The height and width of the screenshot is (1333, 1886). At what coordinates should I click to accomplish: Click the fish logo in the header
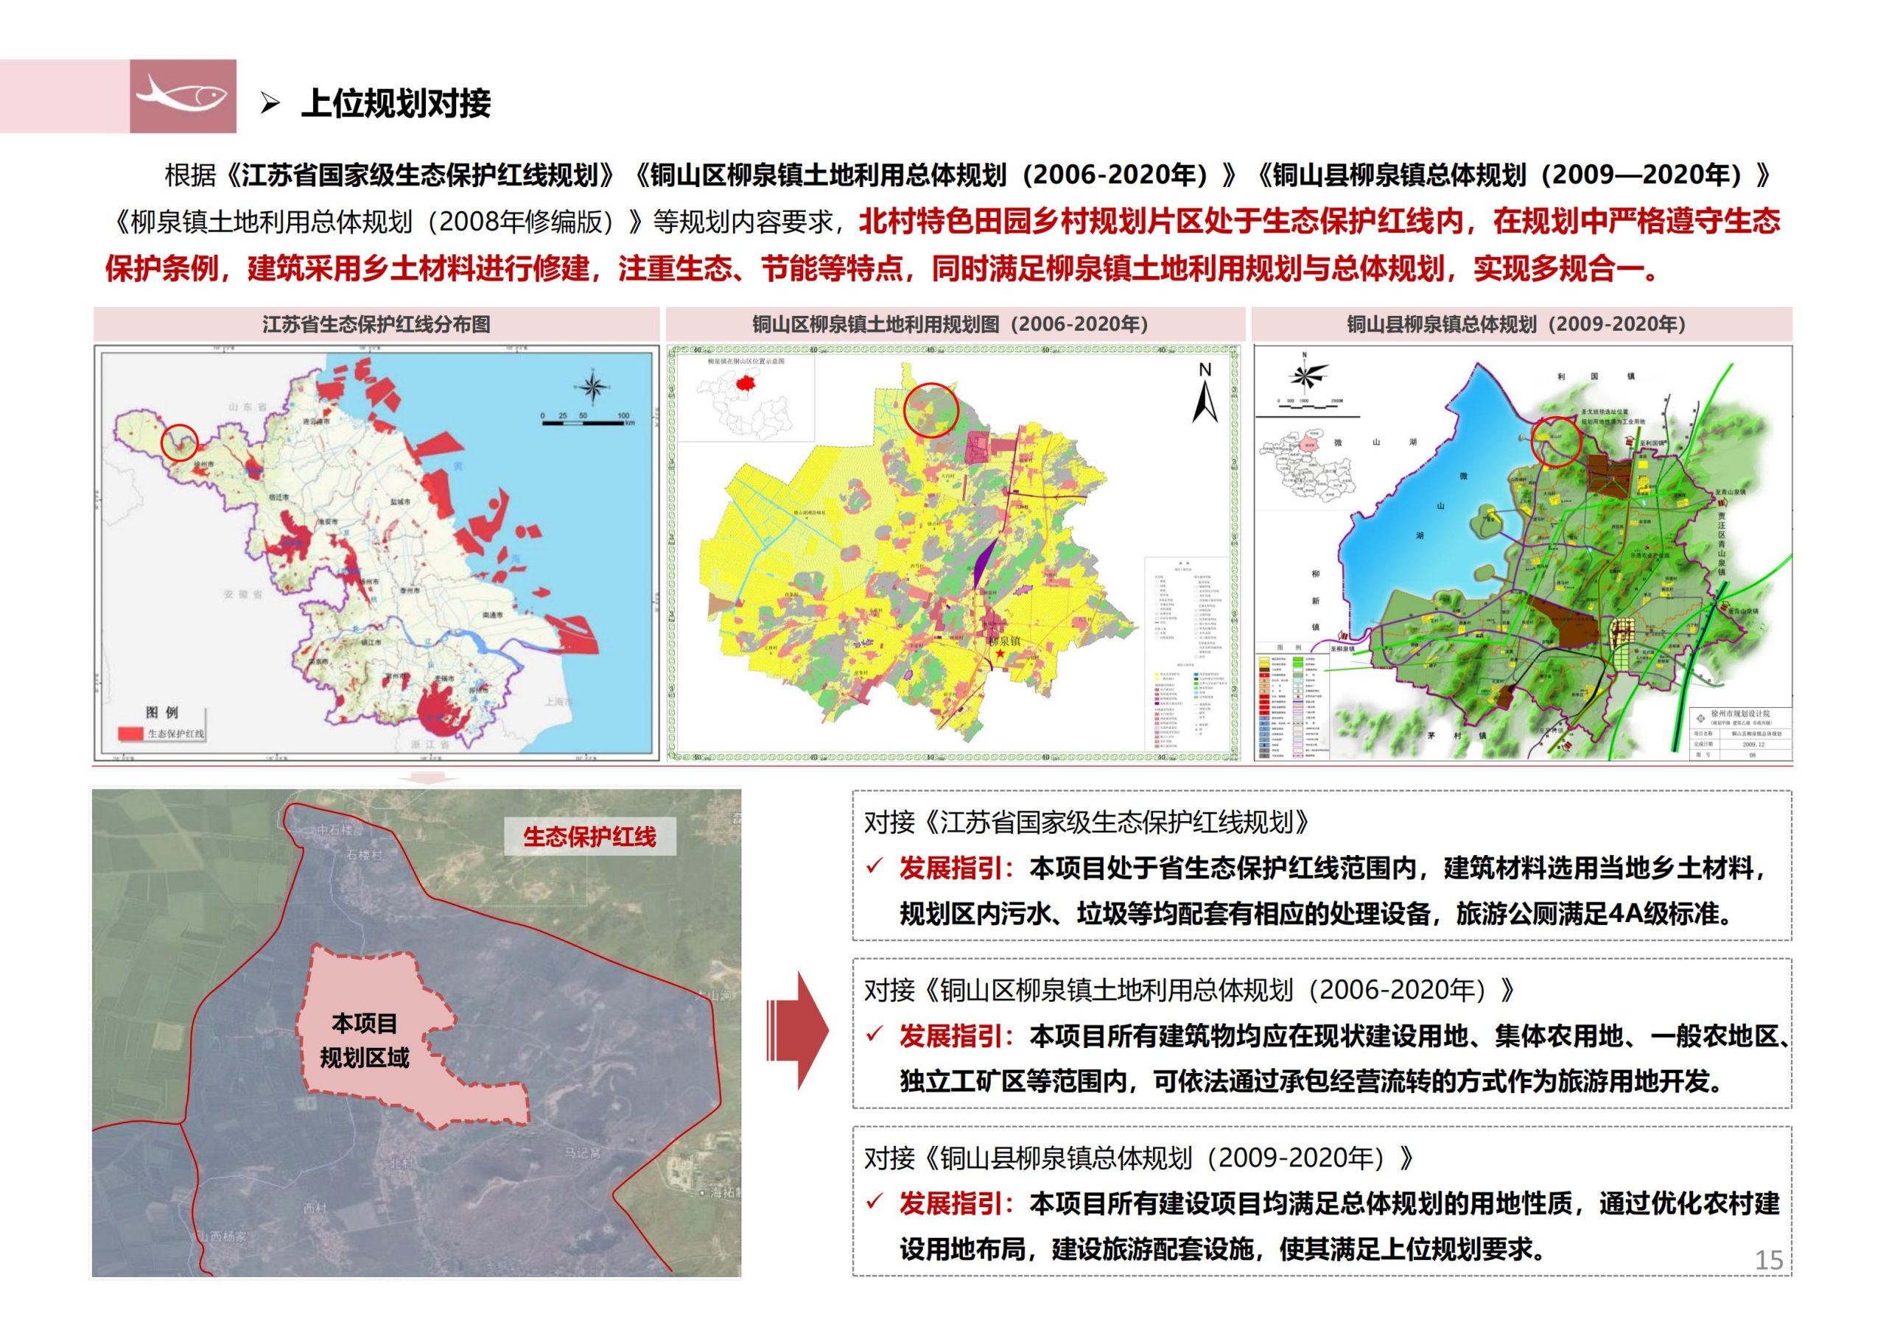(183, 96)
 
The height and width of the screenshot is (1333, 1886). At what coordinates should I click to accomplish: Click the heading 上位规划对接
(396, 104)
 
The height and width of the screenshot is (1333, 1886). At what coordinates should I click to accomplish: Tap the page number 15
(1769, 1260)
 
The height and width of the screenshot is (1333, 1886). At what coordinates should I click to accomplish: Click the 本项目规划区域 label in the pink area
(364, 1041)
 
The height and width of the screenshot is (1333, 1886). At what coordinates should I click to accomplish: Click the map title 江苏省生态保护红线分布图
(376, 325)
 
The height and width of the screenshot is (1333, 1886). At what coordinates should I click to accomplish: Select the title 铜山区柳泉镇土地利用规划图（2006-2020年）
(950, 325)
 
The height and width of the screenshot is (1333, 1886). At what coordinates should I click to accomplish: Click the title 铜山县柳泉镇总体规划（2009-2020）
(1515, 325)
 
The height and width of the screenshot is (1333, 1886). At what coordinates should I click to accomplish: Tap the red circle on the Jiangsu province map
(180, 442)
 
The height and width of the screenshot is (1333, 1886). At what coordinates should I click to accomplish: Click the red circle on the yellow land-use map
(931, 409)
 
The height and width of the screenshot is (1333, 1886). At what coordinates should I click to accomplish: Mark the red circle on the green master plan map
(1557, 441)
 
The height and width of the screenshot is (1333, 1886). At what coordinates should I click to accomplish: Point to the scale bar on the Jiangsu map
(585, 421)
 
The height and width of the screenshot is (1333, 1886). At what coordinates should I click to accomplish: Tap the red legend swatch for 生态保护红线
(130, 733)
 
